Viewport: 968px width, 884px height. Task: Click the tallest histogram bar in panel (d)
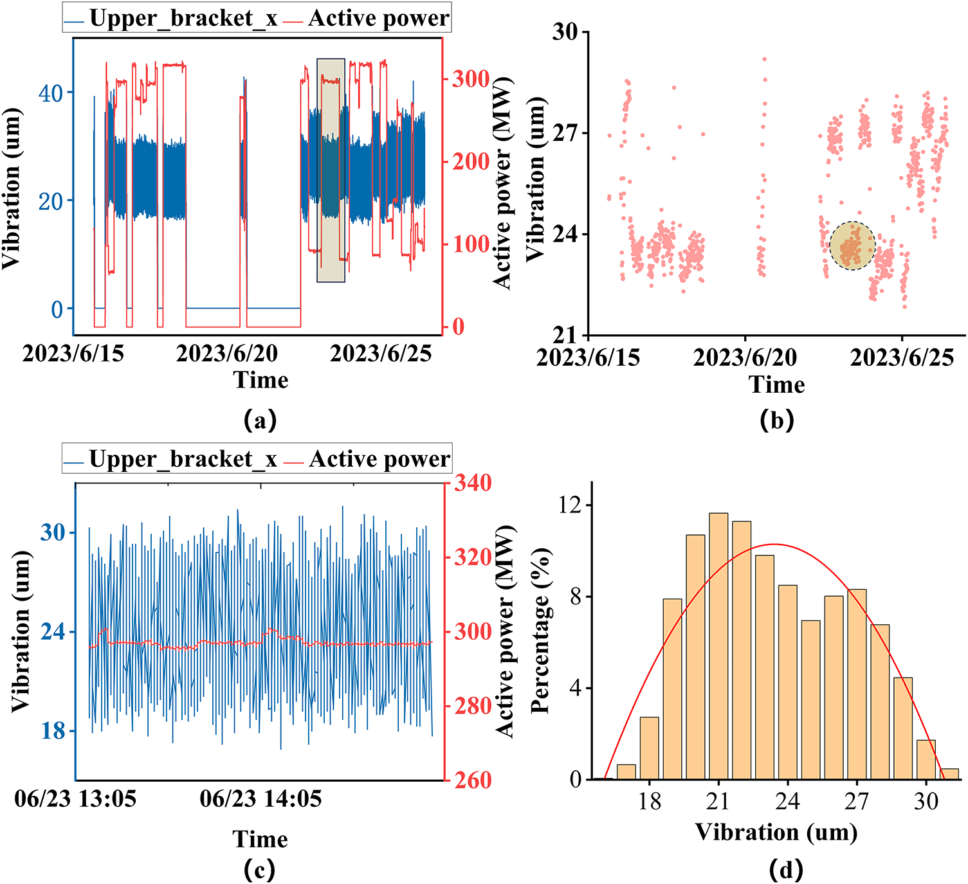point(718,645)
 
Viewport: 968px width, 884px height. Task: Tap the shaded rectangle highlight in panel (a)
point(331,170)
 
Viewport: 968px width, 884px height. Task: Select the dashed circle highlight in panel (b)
point(852,246)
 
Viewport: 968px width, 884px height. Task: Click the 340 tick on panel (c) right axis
point(473,483)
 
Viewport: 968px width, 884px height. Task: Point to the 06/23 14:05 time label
point(260,799)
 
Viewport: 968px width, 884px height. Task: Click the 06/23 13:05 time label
point(76,799)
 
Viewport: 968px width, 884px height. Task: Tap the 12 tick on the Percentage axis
point(568,505)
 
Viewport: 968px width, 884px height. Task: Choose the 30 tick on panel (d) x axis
point(926,801)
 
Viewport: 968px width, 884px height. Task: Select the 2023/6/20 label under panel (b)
point(745,357)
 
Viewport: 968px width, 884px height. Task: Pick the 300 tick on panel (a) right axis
point(471,79)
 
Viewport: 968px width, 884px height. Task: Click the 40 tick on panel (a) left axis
point(51,93)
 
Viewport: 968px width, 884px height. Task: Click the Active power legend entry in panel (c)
point(370,459)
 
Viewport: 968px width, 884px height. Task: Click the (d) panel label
point(786,870)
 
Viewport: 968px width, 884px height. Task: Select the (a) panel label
point(260,420)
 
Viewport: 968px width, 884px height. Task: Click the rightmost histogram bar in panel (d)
point(950,774)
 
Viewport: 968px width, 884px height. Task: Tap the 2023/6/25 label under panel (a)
point(381,354)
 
